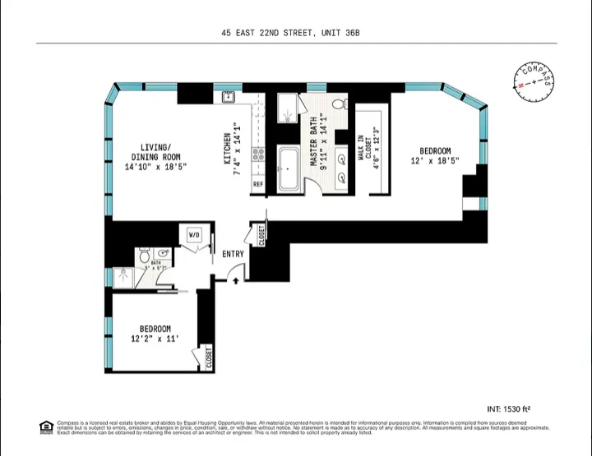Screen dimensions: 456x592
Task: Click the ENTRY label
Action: pos(233,254)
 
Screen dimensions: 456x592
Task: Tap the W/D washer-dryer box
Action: pos(194,236)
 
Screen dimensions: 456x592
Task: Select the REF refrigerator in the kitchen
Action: pos(257,185)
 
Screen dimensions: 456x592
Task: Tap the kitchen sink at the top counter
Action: pos(229,98)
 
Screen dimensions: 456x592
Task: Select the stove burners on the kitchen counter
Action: pos(257,154)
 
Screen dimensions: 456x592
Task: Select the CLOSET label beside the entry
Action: pos(261,234)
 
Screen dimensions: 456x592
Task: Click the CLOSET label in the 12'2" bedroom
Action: pos(208,358)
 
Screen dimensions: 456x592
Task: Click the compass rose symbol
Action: pos(534,81)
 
